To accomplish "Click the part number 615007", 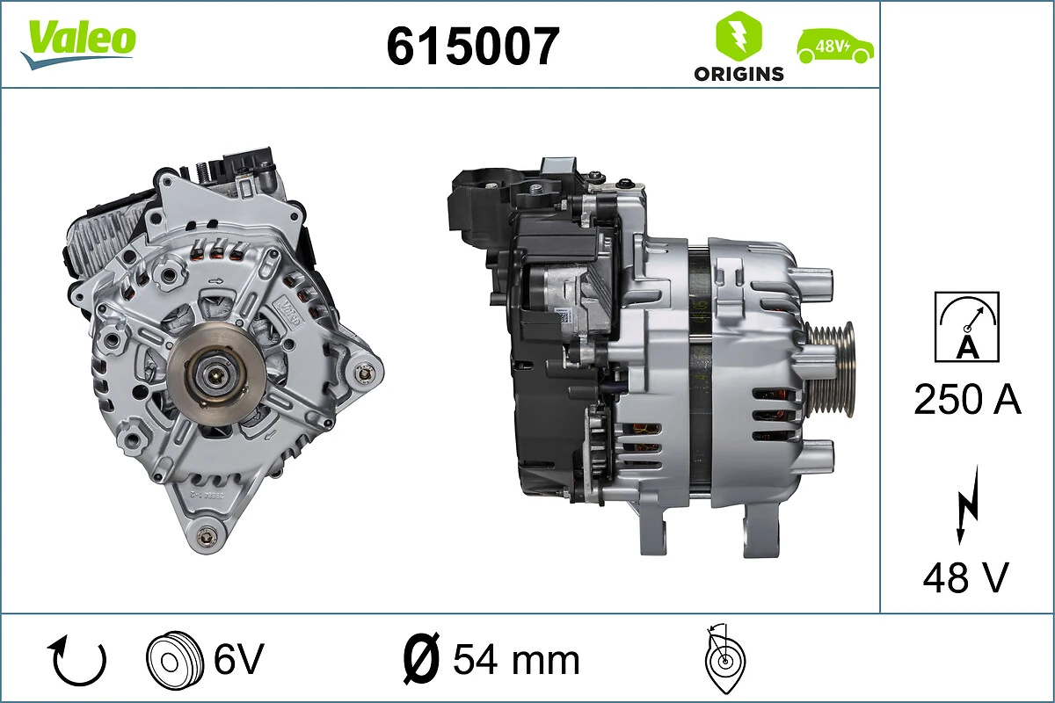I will click(x=472, y=47).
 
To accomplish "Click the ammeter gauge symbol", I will click(x=966, y=326).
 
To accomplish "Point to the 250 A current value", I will click(x=967, y=400).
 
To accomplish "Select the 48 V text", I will click(x=965, y=577).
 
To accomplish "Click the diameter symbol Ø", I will click(x=421, y=659).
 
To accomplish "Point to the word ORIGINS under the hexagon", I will click(x=738, y=74).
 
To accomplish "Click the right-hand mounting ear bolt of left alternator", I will click(x=363, y=373).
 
